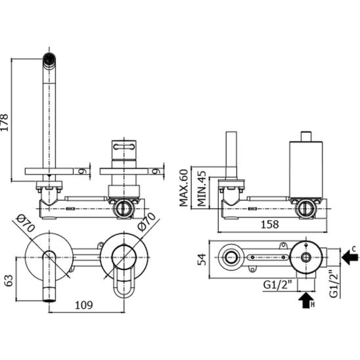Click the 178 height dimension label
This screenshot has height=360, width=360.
click(5, 122)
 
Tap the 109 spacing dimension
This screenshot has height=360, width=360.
click(84, 305)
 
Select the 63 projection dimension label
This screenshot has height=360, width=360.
click(9, 281)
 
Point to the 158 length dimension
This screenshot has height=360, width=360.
click(270, 224)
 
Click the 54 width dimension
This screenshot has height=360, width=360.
click(202, 259)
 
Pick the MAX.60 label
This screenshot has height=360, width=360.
click(184, 188)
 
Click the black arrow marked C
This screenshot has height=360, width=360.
click(350, 256)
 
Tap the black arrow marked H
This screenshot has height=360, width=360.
click(307, 300)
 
